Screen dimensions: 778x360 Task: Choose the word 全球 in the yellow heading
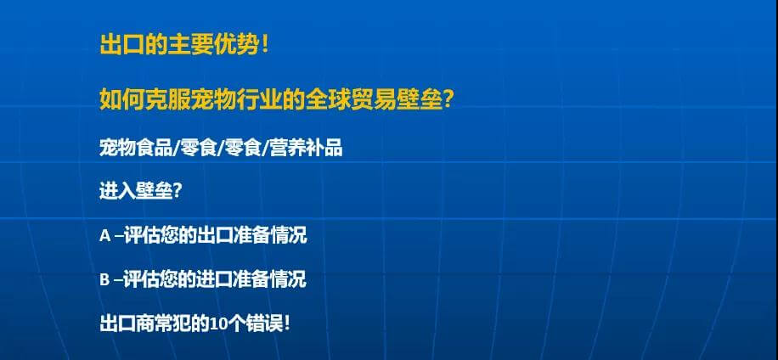coord(328,100)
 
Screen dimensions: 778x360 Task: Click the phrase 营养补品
coord(306,148)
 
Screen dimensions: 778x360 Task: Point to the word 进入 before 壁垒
coord(117,191)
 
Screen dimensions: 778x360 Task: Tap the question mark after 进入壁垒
coord(177,191)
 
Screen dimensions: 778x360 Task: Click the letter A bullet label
coord(104,235)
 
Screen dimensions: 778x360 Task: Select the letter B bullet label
coord(104,280)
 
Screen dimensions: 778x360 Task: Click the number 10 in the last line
coord(217,324)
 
